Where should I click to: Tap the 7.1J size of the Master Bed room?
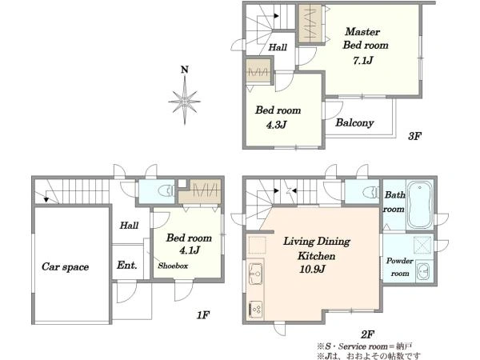362,60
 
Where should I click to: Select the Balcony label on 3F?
354,122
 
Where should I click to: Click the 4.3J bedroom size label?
276,125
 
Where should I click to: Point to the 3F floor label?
414,136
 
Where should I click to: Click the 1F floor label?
202,314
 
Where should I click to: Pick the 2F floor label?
367,334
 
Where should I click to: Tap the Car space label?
66,267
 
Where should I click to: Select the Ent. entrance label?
126,265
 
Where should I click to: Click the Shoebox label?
173,266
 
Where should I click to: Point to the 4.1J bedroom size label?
190,250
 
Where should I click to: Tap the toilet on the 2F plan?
370,192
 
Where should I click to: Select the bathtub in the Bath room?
420,205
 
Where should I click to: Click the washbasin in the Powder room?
424,271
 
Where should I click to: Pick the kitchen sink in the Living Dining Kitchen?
255,274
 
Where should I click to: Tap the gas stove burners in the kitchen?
255,309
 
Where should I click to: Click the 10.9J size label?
312,269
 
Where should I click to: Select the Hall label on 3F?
278,47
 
